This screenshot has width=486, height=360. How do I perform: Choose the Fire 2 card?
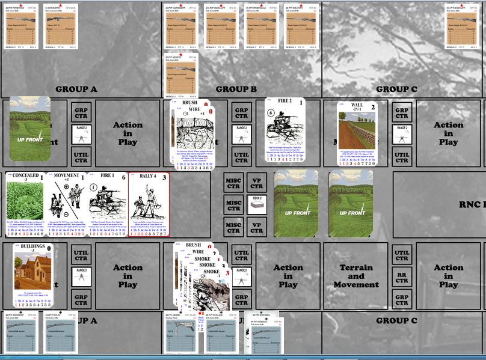point(285,132)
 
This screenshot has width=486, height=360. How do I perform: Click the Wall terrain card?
point(358,133)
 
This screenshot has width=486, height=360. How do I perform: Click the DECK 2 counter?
point(256,202)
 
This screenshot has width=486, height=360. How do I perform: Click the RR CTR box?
point(402,276)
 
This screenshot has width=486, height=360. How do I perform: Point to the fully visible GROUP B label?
point(236,90)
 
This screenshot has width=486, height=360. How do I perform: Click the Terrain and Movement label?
point(356,276)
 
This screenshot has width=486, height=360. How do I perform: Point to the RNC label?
point(472,204)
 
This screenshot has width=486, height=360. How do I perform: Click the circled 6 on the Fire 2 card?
point(271,112)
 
